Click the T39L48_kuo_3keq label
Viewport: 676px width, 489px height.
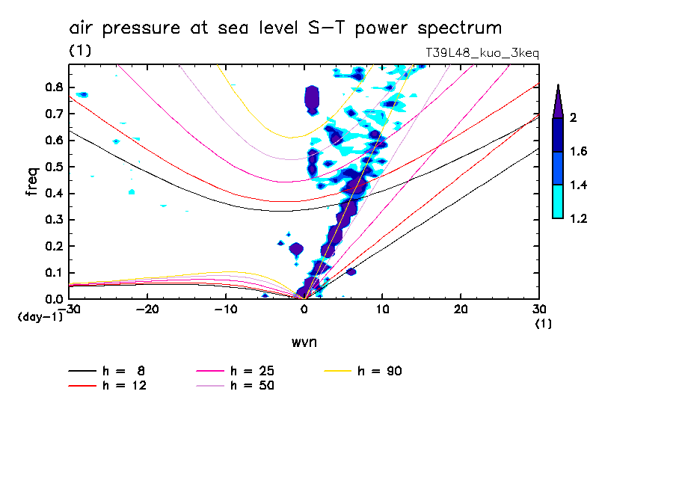pos(481,53)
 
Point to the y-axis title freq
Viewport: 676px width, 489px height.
pos(31,182)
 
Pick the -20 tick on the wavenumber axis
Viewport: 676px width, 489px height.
pos(147,309)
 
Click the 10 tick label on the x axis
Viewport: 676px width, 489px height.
pos(382,309)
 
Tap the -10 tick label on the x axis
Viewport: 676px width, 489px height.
pos(225,309)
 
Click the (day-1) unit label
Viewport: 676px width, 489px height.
pos(39,317)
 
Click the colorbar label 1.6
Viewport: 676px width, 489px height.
pos(579,152)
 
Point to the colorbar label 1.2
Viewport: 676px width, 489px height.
pos(579,218)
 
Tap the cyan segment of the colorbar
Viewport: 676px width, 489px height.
pos(557,202)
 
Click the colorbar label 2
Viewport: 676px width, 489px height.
pos(574,118)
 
